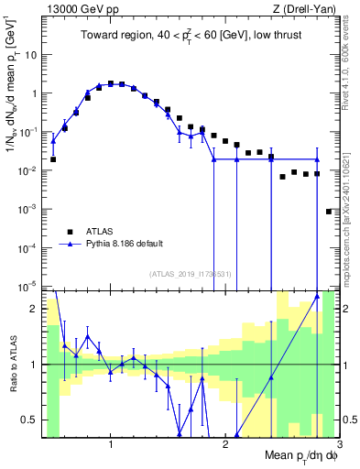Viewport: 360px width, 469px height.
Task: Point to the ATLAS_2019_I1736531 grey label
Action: [191, 274]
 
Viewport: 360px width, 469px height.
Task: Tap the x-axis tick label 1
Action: [111, 444]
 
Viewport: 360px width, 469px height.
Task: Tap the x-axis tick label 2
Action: [225, 444]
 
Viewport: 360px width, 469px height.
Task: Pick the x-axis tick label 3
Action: [338, 444]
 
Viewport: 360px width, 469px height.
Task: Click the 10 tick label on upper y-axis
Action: [35, 55]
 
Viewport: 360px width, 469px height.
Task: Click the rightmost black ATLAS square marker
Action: [329, 212]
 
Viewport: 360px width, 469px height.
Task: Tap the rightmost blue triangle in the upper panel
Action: [317, 159]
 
